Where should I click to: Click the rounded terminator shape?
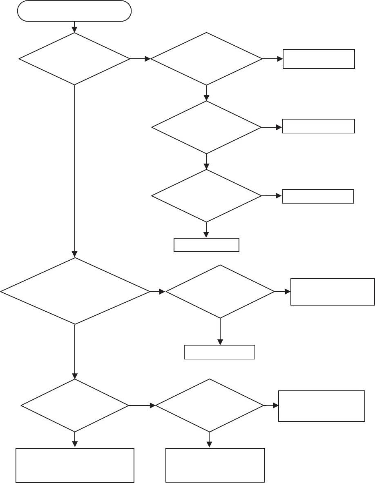click(74, 11)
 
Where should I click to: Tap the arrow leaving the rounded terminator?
click(74, 27)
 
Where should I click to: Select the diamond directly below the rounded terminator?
click(74, 59)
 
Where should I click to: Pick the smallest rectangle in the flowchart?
click(206, 245)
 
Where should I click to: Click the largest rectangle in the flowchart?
click(75, 465)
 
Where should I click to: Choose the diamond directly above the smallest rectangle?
click(206, 196)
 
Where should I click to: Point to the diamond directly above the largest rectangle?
click(75, 405)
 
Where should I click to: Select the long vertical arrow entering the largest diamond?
click(75, 171)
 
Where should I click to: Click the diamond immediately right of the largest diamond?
click(220, 292)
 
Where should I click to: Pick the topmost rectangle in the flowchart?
click(319, 59)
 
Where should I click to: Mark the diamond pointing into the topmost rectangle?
click(206, 59)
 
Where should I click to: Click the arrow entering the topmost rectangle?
click(272, 59)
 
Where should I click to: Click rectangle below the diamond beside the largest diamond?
click(219, 352)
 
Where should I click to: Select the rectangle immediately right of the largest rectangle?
click(215, 465)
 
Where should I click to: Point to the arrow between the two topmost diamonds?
click(140, 59)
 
